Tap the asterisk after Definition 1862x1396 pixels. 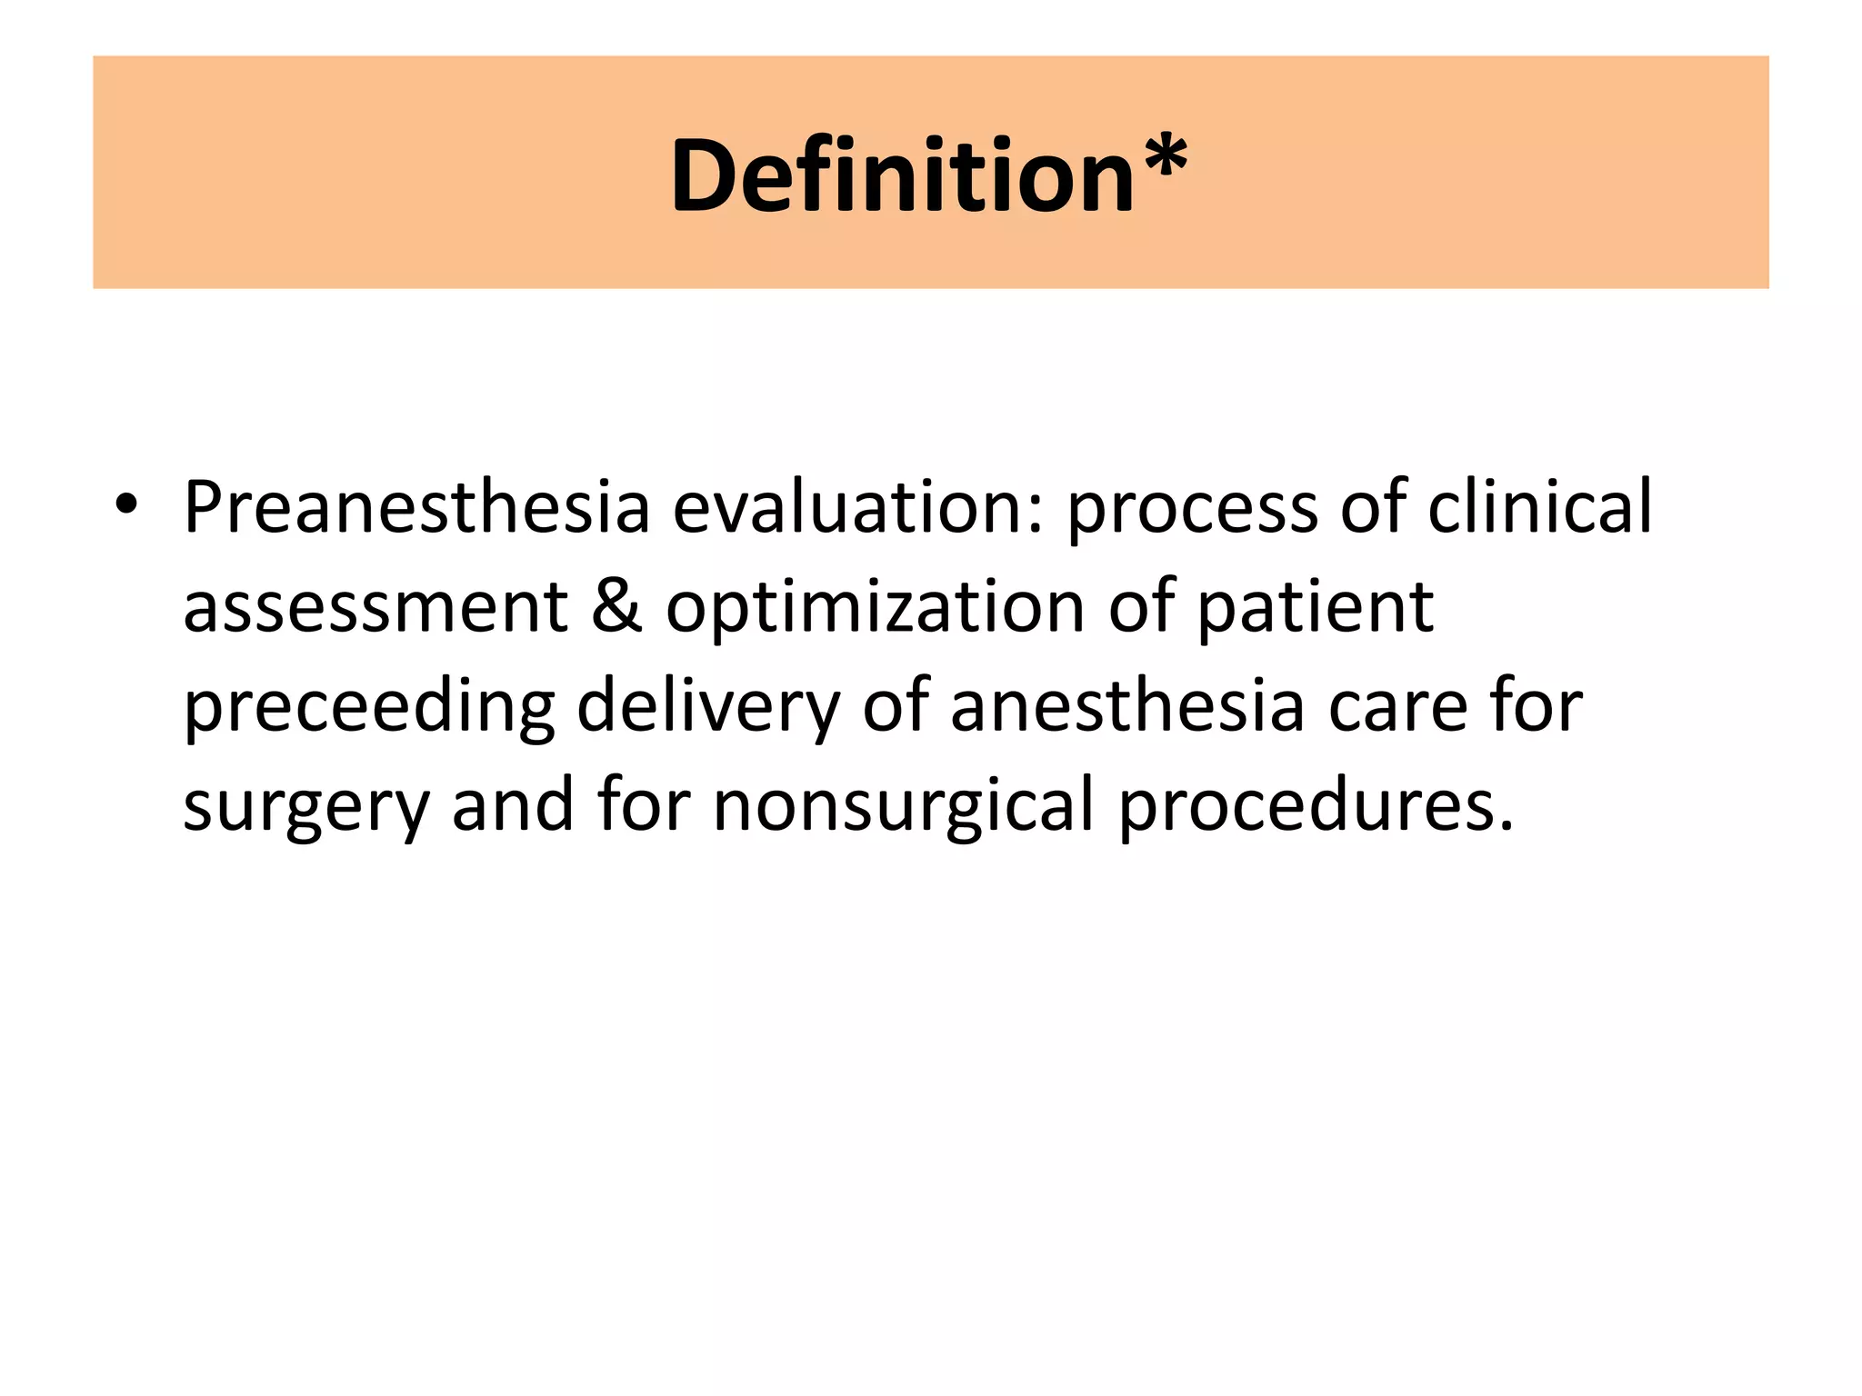[1162, 160]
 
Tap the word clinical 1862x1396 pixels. [1539, 507]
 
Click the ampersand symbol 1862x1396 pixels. [616, 607]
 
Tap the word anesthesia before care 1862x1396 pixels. [1127, 707]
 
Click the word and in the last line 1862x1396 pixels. [513, 805]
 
